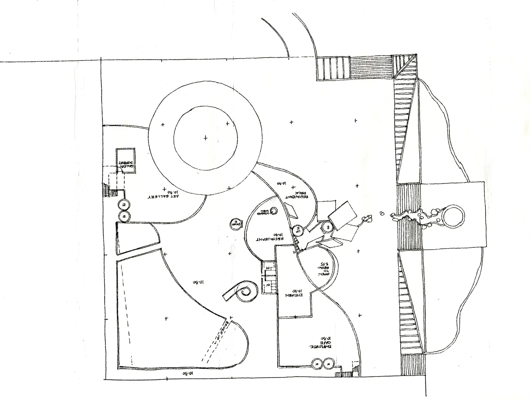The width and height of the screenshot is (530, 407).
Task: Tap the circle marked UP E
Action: click(x=298, y=231)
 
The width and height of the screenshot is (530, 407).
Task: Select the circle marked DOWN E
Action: click(x=235, y=224)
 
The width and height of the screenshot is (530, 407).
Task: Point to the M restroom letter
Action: click(x=267, y=268)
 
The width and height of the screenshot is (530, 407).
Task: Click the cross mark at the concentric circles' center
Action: click(x=206, y=138)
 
